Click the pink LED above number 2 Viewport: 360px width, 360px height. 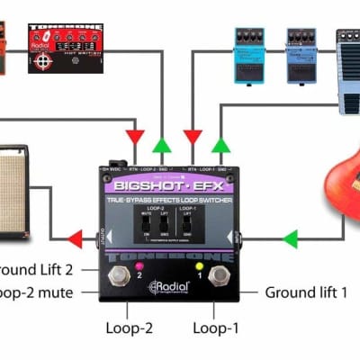click(139, 267)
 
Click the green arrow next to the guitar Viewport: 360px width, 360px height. click(290, 238)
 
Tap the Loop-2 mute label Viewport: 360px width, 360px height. click(40, 292)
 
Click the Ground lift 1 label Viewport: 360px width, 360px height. click(306, 292)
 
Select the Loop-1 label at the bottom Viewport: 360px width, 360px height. click(217, 328)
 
